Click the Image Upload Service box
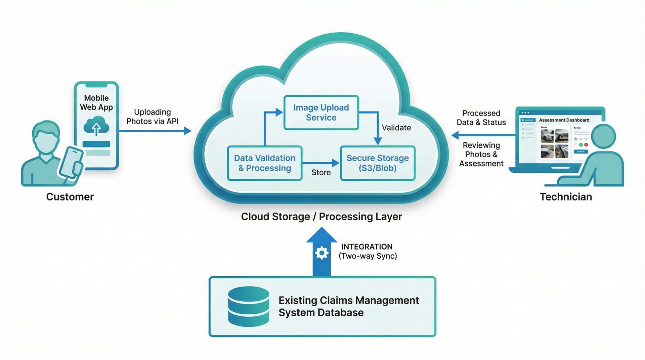pos(321,113)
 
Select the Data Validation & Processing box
pos(265,163)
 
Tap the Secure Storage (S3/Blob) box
pos(378,163)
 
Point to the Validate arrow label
pos(396,128)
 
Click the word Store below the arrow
pos(321,172)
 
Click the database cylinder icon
pos(248,306)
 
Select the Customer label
pos(70,197)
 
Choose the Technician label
pos(566,197)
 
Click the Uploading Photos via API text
pos(153,117)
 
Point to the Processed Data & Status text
pos(481,118)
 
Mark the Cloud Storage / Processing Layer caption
pos(321,217)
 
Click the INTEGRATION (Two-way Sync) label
pos(368,251)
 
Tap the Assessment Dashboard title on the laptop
pos(564,120)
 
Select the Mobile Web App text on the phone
pos(96,102)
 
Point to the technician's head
pos(603,136)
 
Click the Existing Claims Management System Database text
pos(348,306)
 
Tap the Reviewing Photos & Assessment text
pos(481,154)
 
